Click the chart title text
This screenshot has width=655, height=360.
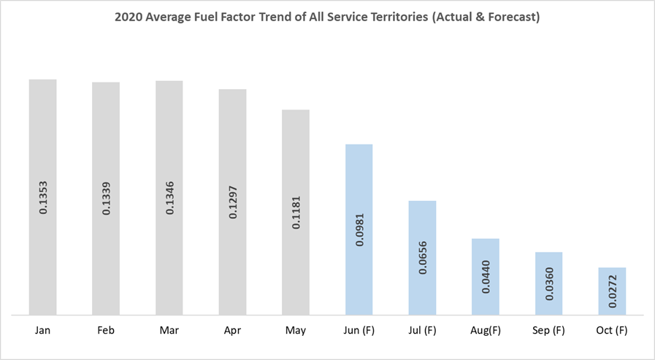pos(327,18)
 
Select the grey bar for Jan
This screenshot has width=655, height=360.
pos(42,131)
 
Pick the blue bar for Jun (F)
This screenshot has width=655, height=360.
pos(359,183)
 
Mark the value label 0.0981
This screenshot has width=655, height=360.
pos(359,229)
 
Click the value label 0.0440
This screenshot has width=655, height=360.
pos(486,277)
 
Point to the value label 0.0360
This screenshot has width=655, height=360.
pos(548,283)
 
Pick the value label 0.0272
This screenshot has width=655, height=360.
pos(612,291)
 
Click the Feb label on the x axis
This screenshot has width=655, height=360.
pos(106,331)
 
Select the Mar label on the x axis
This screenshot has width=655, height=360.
pos(169,331)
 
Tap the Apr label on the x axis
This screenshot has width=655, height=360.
pos(232,331)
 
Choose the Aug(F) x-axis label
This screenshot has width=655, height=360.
pos(486,331)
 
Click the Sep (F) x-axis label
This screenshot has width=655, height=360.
pos(548,331)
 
